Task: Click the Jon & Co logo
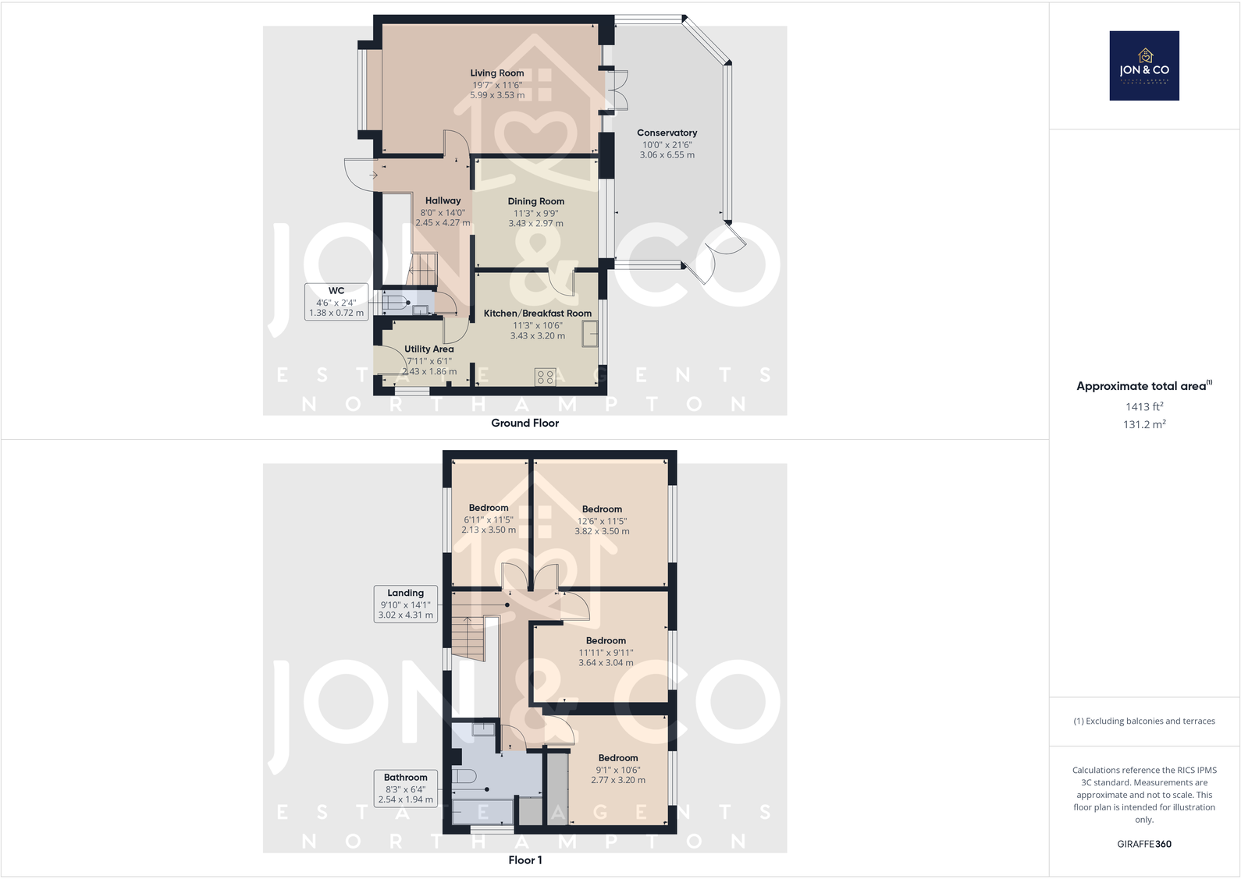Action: coord(1143,66)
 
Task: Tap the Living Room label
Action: coord(497,73)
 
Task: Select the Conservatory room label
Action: coord(667,133)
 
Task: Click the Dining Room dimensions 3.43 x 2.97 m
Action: coord(535,224)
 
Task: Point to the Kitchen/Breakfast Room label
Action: coord(537,314)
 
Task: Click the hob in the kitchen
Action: coord(545,377)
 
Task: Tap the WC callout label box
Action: coord(336,302)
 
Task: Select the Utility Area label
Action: coord(428,349)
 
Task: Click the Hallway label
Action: coord(443,201)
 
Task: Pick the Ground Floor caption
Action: coord(524,424)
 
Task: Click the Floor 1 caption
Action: coord(524,860)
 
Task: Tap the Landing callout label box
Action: coord(405,604)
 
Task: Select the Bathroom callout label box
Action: coord(405,788)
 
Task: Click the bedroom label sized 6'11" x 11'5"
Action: coord(489,509)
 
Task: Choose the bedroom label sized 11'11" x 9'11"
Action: coord(606,641)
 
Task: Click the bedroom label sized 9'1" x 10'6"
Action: coord(618,758)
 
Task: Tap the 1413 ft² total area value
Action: coord(1144,406)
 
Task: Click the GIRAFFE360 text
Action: coord(1144,844)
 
